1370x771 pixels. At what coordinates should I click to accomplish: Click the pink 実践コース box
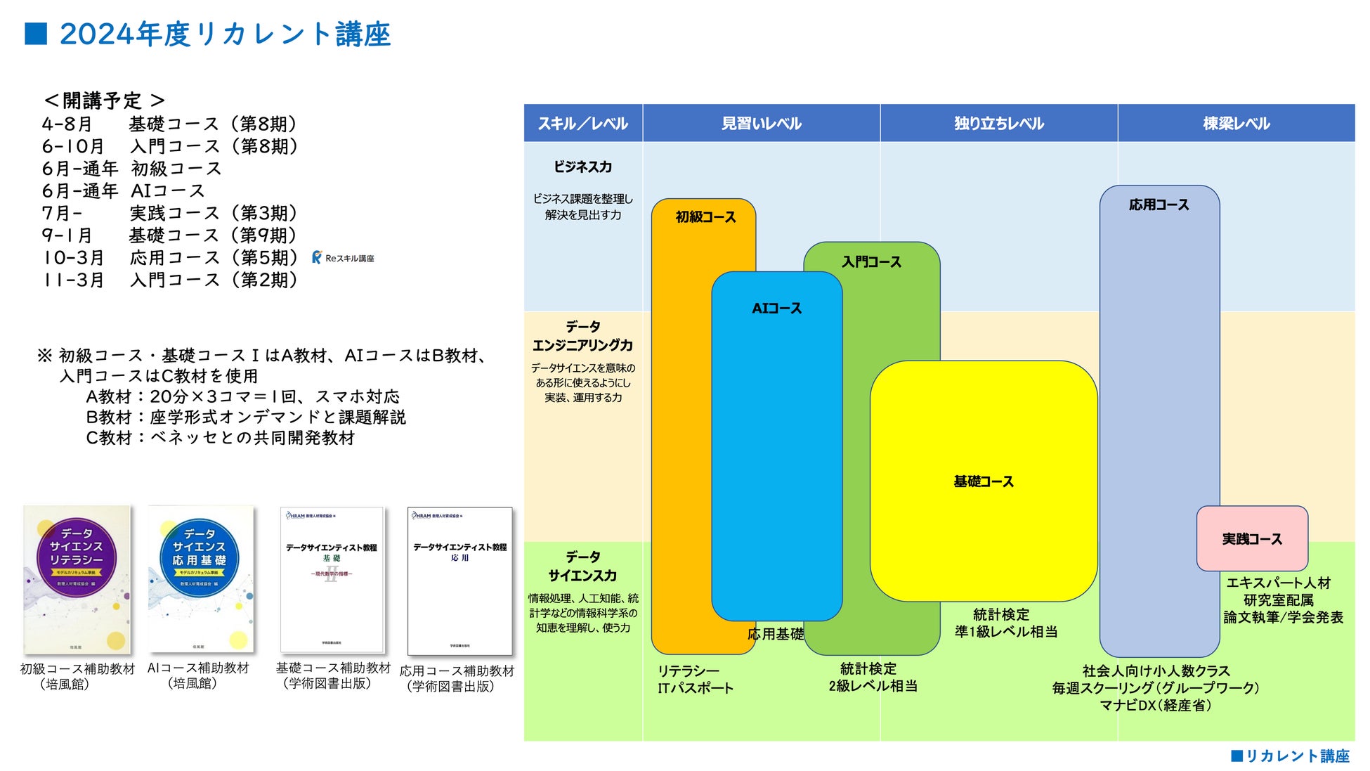click(1252, 538)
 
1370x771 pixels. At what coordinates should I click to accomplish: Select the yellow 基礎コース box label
click(983, 481)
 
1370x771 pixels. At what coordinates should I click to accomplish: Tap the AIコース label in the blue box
click(776, 308)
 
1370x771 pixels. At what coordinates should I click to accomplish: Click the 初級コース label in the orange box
click(705, 216)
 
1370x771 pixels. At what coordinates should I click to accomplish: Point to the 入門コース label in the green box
click(871, 261)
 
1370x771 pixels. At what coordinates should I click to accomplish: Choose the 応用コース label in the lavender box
click(1159, 205)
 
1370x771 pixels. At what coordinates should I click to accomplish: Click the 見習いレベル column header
click(761, 124)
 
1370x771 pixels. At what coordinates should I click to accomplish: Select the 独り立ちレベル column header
click(998, 124)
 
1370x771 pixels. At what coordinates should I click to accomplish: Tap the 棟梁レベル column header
click(1236, 124)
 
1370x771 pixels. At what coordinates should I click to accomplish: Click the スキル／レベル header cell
click(582, 124)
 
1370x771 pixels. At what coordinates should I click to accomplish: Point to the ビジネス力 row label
click(582, 167)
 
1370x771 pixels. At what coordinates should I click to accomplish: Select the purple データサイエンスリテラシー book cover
click(77, 579)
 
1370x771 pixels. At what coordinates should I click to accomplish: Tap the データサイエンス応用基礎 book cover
click(200, 579)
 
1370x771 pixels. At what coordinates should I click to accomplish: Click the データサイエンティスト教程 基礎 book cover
click(332, 580)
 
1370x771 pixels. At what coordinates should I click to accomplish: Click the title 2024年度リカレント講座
click(225, 34)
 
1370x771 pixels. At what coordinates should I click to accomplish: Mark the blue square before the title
click(36, 34)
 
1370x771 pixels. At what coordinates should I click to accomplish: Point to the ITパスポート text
click(695, 688)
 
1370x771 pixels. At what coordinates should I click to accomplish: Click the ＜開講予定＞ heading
click(103, 101)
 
